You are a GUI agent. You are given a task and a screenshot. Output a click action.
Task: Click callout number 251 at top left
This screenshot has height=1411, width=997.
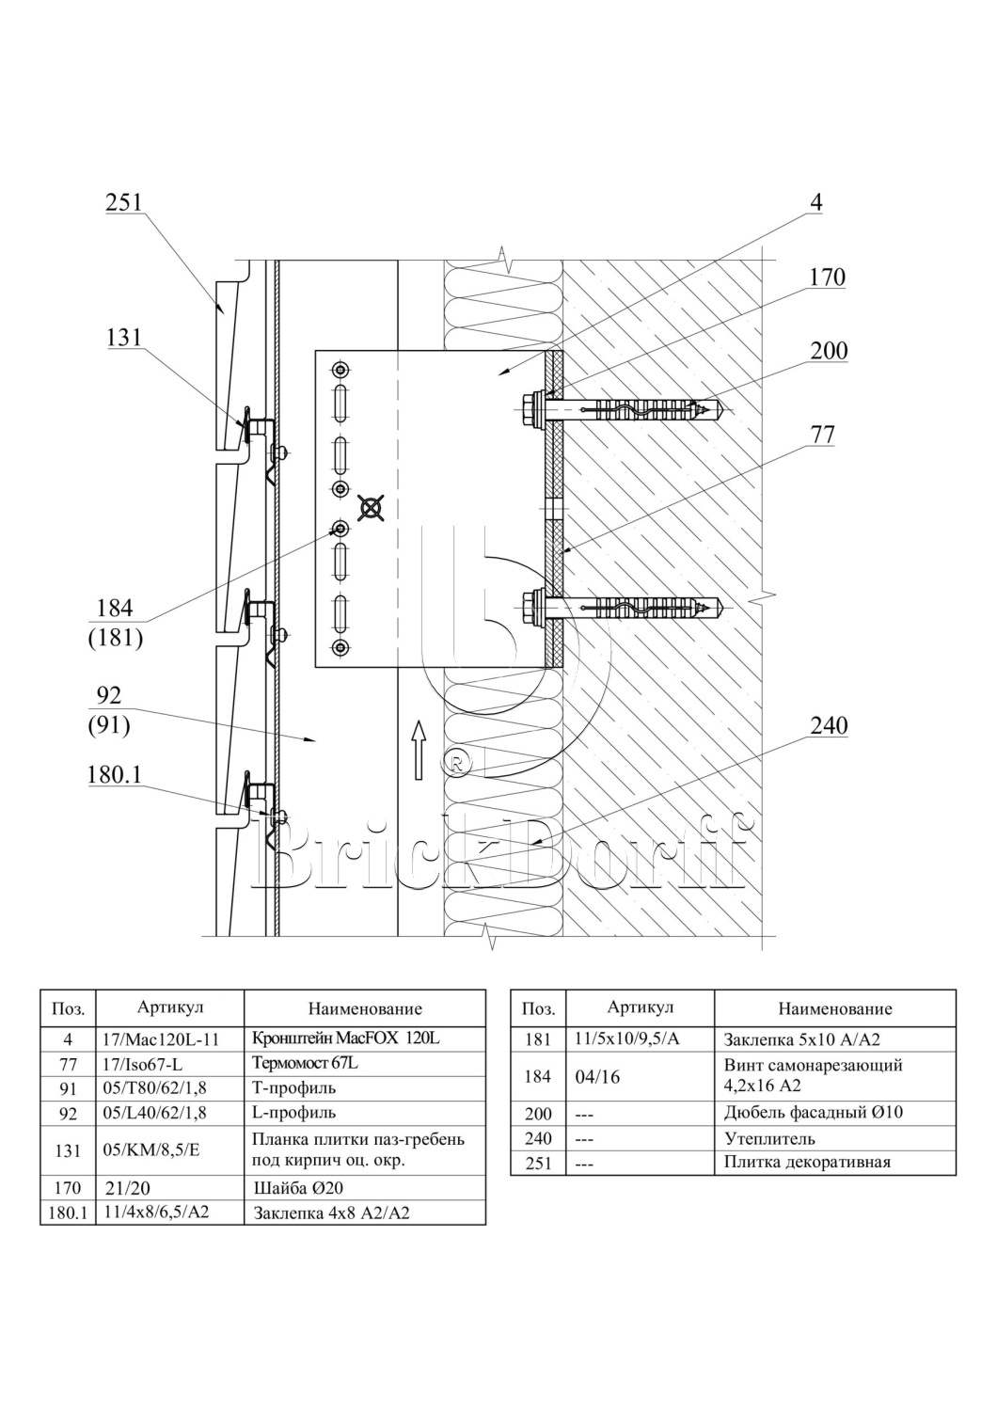coord(123,202)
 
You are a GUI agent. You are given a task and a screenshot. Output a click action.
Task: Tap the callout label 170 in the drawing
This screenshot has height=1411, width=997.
coord(827,277)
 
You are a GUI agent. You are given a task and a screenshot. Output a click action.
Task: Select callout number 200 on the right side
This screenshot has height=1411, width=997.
coord(829,351)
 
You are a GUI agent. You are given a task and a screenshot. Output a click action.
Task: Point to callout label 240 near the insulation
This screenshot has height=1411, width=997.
coord(829,725)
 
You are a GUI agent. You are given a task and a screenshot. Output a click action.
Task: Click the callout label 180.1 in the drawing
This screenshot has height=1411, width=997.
coord(114,776)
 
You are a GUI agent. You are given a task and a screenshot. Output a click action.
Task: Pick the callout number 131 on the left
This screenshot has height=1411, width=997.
coord(123,338)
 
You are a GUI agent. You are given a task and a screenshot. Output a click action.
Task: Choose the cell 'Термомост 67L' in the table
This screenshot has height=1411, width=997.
coord(305,1063)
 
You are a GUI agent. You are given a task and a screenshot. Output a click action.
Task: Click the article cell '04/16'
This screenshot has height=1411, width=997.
coord(597,1077)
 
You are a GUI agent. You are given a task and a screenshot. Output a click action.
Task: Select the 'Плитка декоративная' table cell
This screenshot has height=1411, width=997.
coord(807,1162)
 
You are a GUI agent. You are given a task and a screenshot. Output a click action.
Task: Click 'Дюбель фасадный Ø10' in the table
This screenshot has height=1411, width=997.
coord(813,1113)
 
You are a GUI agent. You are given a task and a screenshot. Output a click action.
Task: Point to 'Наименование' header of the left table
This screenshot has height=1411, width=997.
coord(364,1009)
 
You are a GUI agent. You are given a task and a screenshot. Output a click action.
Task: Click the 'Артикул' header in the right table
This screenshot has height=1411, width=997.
coord(640,1007)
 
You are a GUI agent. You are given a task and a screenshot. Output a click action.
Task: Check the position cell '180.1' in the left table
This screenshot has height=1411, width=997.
coord(68,1213)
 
